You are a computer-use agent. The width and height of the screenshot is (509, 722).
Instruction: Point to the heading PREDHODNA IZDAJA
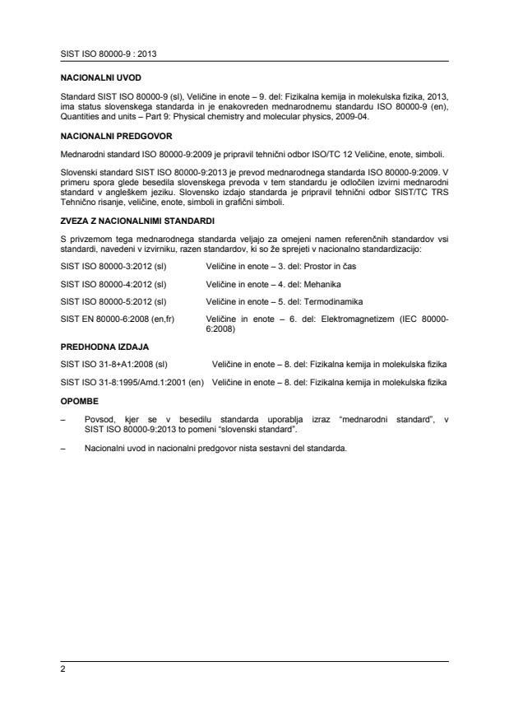[98, 347]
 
